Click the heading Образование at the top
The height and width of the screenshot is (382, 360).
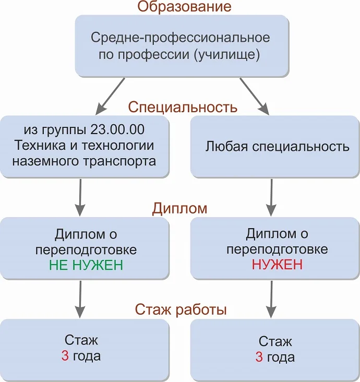tap(185, 7)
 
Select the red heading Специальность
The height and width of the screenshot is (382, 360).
tap(183, 108)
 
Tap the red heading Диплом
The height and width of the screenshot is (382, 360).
tap(179, 208)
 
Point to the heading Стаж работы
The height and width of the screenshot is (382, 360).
tap(181, 309)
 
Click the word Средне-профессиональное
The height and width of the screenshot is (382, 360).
tap(180, 38)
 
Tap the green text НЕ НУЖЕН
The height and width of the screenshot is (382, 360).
tap(86, 265)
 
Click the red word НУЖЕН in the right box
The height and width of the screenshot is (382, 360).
tap(277, 265)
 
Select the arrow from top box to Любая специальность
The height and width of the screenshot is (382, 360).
tap(255, 96)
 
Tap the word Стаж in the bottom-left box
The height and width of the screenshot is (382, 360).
tap(81, 341)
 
